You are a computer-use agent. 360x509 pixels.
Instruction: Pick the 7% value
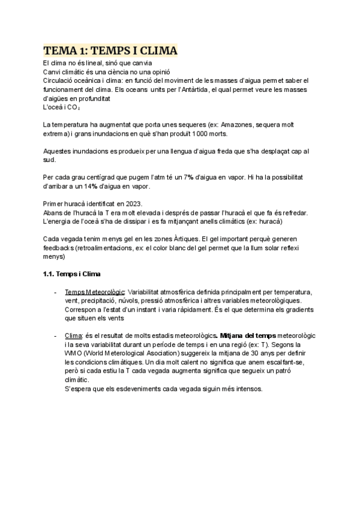tap(188, 178)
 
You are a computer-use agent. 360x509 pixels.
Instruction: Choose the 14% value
tap(84, 187)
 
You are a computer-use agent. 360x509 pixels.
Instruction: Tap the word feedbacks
tap(58, 248)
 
